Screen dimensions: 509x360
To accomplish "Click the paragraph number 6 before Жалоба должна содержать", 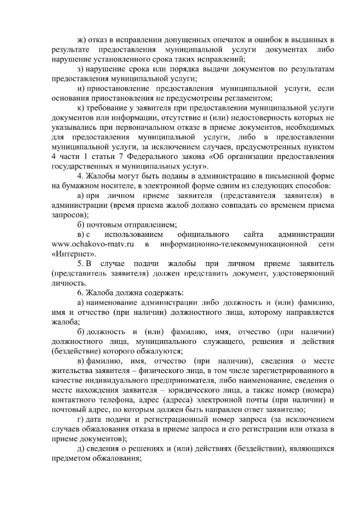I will [x=80, y=292].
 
